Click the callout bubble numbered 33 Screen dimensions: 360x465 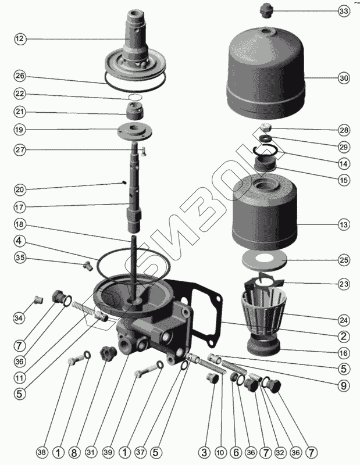coord(344,11)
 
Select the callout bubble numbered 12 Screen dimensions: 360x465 coord(20,39)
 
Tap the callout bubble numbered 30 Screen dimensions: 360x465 coord(344,78)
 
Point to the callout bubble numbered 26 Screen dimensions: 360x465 coord(20,76)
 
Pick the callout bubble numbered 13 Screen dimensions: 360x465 coord(344,224)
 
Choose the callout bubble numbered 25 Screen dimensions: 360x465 coord(344,260)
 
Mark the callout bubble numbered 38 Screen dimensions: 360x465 coord(41,453)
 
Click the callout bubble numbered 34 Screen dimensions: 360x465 coord(19,318)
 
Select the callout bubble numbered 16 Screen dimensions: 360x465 coord(344,353)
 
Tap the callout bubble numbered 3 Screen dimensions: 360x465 coord(204,453)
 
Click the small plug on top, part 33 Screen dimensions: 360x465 coord(266,10)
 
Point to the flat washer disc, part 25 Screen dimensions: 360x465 coord(264,260)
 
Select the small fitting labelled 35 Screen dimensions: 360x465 coord(88,266)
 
